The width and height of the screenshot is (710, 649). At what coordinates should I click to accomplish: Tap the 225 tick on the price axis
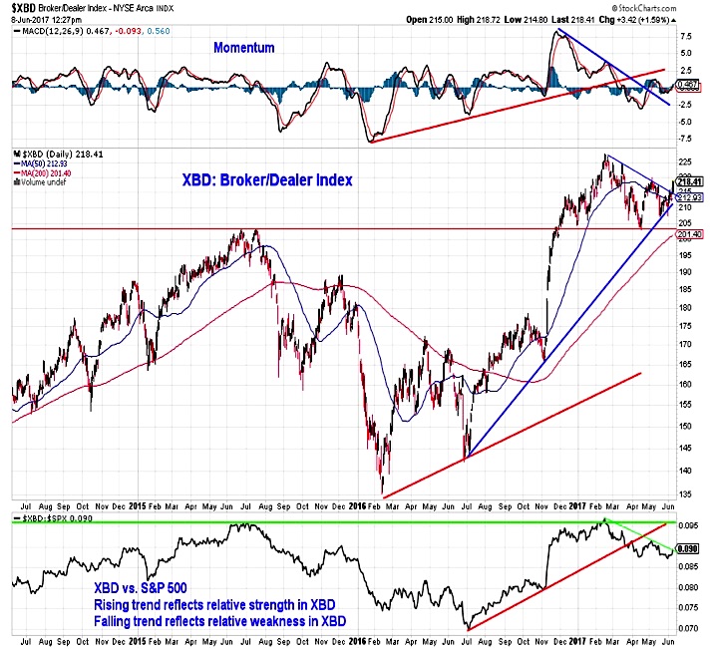[x=685, y=162]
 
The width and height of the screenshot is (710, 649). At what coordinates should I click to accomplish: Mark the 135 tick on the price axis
[x=685, y=492]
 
